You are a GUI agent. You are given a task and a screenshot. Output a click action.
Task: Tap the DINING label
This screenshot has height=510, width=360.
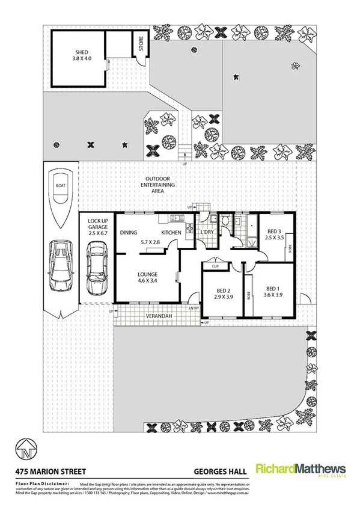[x=129, y=232]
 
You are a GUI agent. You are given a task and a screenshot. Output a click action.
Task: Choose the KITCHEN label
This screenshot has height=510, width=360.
[x=171, y=232]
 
